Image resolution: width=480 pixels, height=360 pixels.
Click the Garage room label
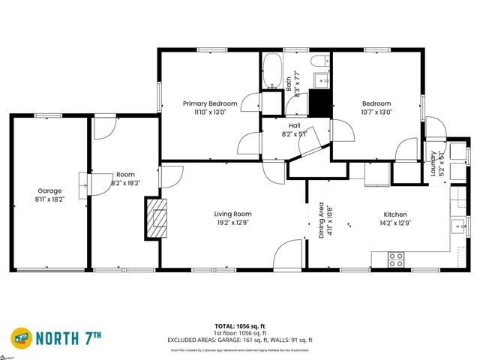[50, 190]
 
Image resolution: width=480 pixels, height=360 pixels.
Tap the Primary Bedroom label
[211, 103]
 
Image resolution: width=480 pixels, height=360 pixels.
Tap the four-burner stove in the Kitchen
[395, 259]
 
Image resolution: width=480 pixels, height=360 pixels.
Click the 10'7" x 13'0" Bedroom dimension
[376, 112]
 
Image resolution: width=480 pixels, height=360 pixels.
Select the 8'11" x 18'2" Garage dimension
[50, 199]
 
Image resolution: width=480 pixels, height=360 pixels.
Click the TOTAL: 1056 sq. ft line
[239, 326]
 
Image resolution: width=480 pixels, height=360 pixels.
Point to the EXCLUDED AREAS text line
[239, 340]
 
